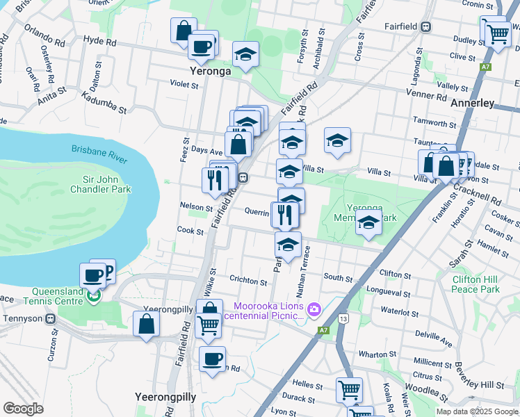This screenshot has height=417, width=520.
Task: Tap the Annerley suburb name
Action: tap(472, 103)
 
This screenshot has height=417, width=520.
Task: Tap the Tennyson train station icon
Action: tap(50, 319)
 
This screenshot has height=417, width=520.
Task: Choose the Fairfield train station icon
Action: tap(425, 27)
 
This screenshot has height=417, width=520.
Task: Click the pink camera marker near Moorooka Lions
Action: tap(314, 308)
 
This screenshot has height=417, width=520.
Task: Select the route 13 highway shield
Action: tap(343, 318)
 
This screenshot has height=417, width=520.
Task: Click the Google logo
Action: tap(23, 409)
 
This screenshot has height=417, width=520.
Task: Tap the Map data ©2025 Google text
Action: tap(476, 411)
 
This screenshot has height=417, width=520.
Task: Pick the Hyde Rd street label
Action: tap(99, 42)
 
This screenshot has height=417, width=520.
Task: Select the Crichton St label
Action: tap(248, 282)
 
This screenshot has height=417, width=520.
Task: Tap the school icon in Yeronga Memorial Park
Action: tap(368, 223)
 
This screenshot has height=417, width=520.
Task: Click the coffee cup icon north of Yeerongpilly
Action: tap(212, 359)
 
